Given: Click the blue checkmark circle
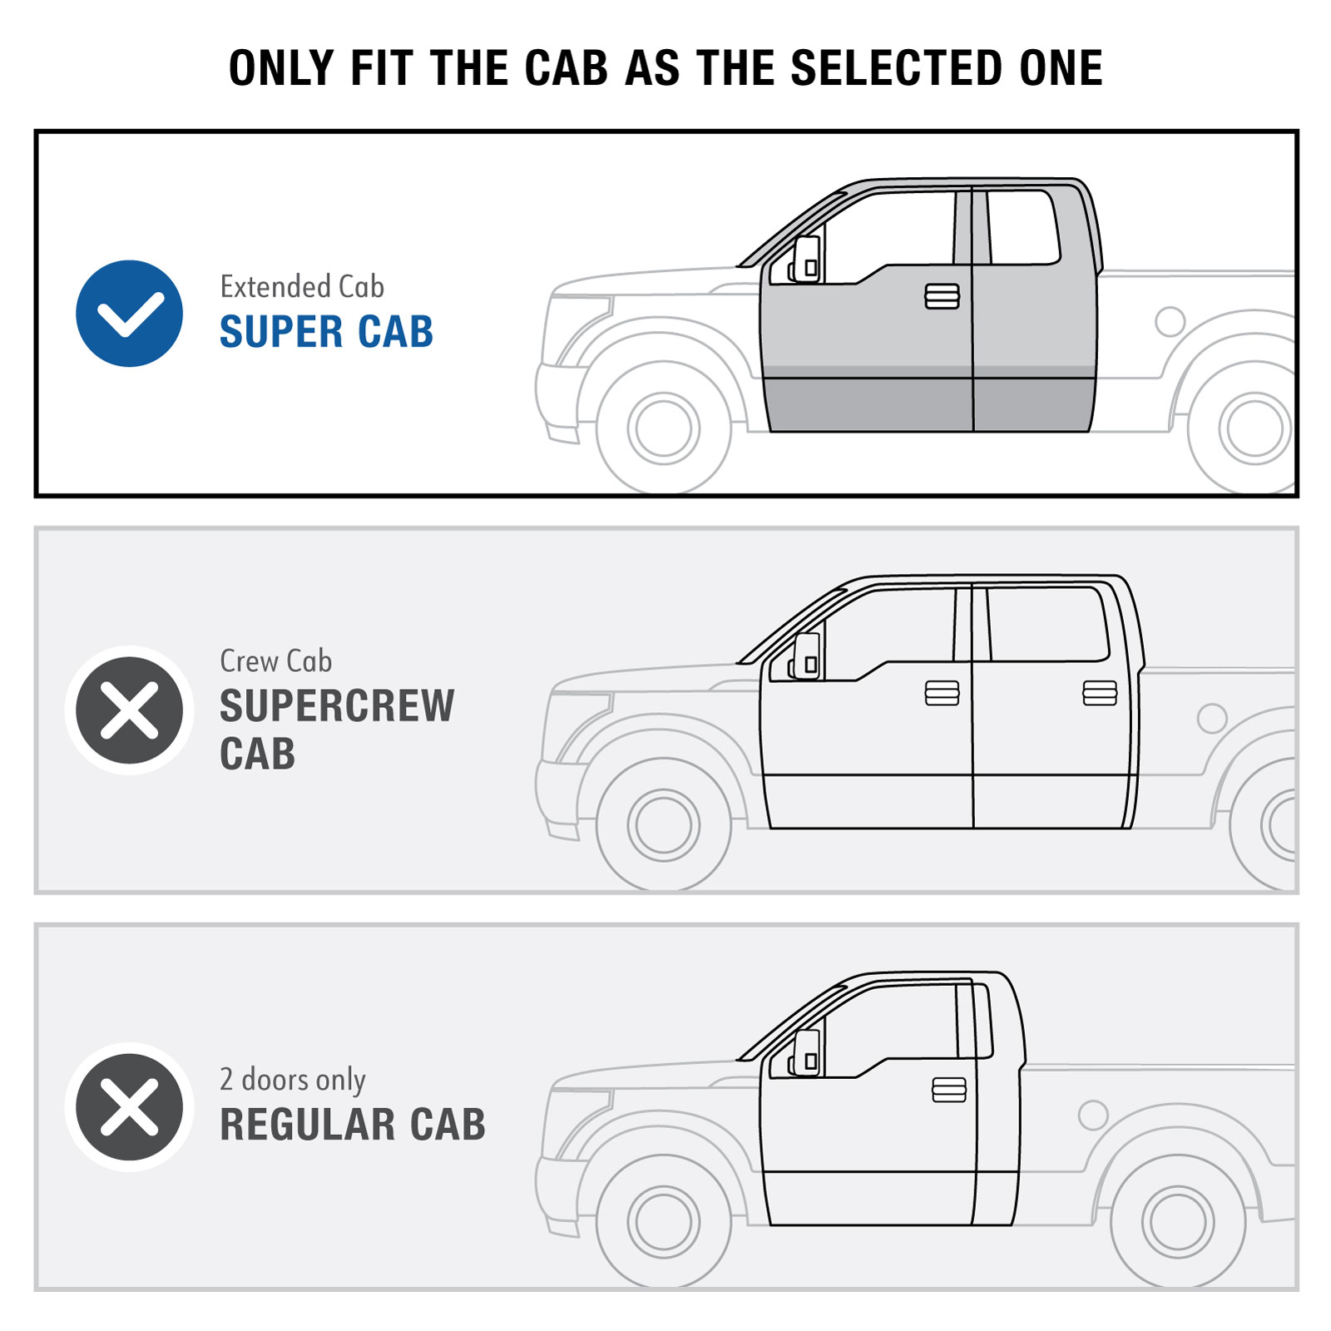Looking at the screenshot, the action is [129, 314].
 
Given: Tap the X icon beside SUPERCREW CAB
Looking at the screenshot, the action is [129, 710].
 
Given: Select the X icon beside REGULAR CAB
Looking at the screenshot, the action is [129, 1107].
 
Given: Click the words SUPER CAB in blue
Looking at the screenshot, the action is [326, 332].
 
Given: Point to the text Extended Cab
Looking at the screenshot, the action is [302, 287].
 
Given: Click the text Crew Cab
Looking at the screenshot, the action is [276, 661].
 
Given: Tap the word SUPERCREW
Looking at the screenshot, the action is [337, 706].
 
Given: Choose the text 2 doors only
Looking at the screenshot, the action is [293, 1080].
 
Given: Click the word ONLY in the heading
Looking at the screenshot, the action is [281, 68].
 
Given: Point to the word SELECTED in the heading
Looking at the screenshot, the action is [897, 68].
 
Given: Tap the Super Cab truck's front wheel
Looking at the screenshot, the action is [664, 428].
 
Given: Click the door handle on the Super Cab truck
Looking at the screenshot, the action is [942, 296].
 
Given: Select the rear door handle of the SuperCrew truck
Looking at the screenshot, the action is [1100, 693].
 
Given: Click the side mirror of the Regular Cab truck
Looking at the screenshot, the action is [805, 1053].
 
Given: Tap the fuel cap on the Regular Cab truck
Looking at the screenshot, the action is [1093, 1115].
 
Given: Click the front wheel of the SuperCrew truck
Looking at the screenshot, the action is [664, 825].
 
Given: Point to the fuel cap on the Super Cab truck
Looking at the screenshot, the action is [1170, 321].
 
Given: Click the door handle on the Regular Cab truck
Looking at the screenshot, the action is [949, 1090].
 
